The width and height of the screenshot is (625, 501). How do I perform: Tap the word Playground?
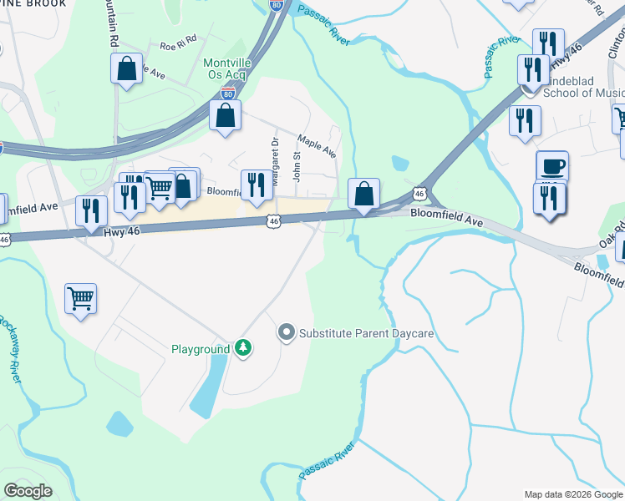point(201,349)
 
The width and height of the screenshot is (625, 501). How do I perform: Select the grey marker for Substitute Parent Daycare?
point(287,333)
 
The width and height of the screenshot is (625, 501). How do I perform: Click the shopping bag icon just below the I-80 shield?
point(225,117)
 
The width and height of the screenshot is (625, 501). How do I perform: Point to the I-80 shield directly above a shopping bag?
point(228,94)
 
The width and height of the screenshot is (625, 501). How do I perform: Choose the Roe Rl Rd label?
point(179,38)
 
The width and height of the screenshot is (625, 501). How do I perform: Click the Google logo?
point(28,490)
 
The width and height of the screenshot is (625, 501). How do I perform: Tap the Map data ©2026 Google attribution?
point(573,494)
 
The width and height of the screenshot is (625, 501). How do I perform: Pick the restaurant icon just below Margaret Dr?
point(257,185)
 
